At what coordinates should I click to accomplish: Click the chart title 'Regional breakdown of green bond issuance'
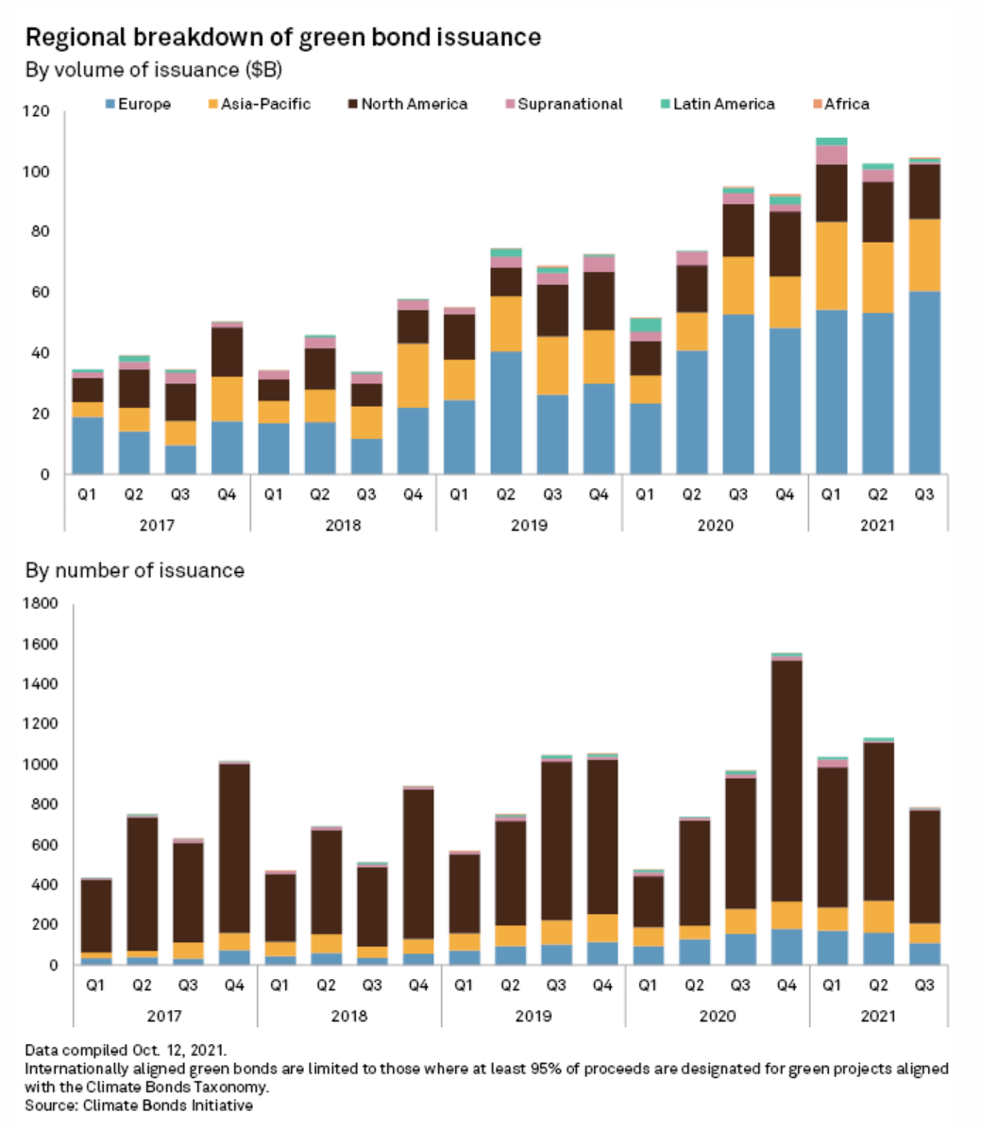[x=282, y=38]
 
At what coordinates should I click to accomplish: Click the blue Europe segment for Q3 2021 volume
[x=924, y=382]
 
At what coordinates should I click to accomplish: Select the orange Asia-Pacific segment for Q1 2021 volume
[x=831, y=265]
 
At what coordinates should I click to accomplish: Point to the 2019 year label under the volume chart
[x=529, y=525]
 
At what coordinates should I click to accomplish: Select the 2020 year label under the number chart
[x=717, y=1016]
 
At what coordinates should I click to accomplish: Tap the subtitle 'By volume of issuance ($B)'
[x=153, y=70]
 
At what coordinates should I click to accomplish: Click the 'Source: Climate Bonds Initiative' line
[x=139, y=1105]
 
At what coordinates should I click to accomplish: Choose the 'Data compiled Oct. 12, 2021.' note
[x=126, y=1050]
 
